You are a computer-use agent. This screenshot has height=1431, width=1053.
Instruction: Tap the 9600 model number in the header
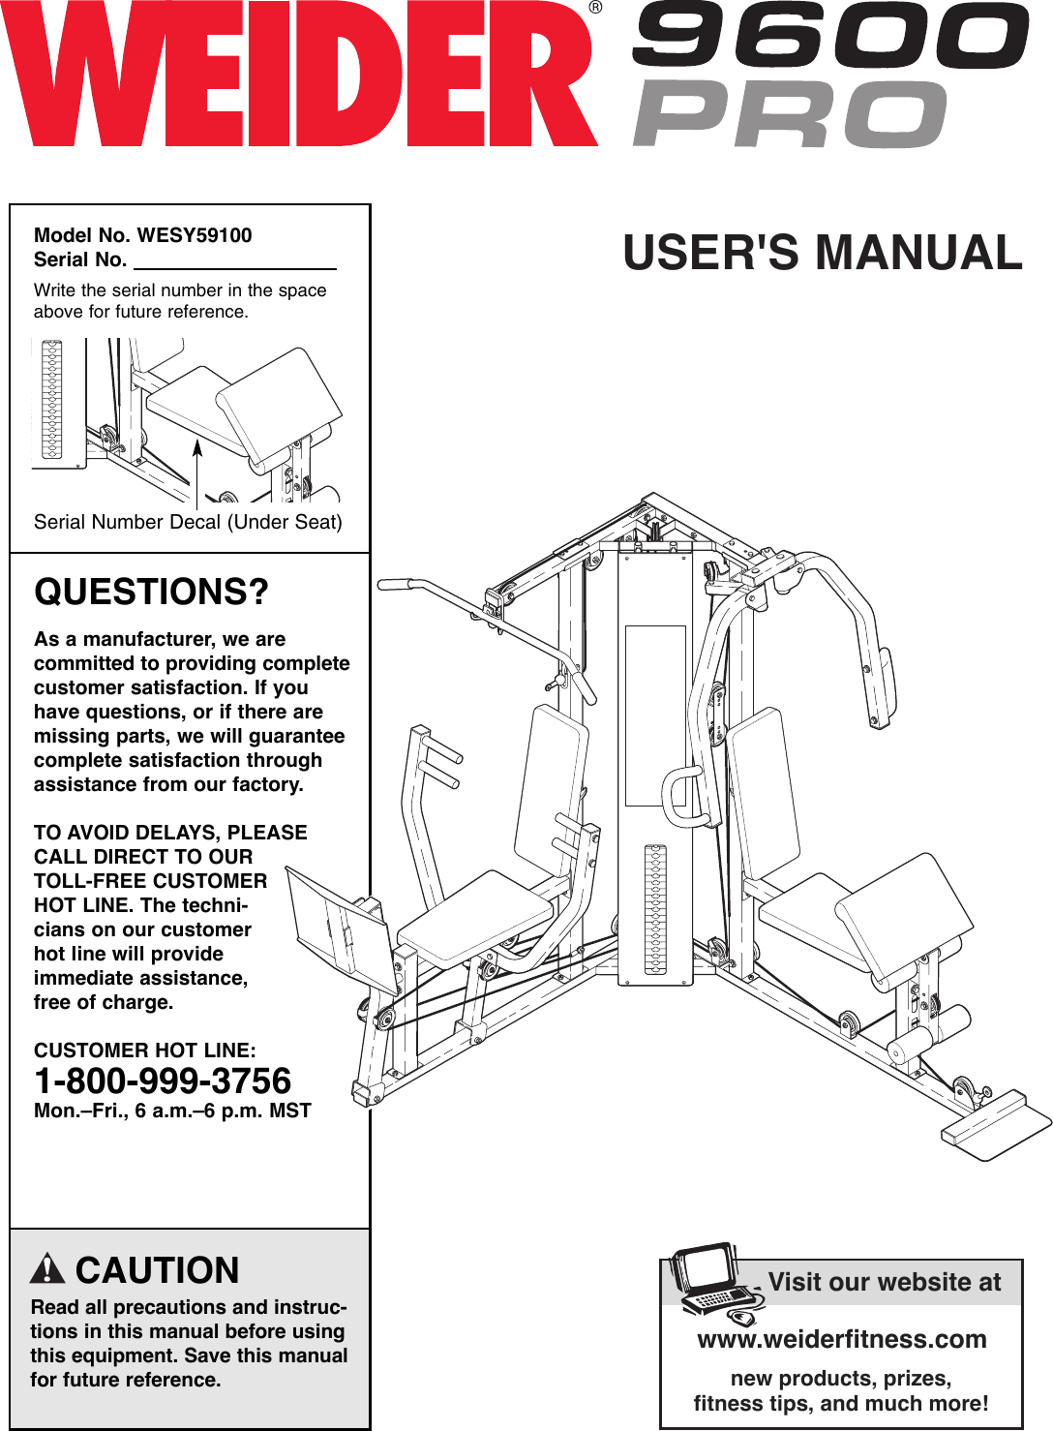[830, 36]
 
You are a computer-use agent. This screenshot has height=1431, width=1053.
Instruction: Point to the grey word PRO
[790, 114]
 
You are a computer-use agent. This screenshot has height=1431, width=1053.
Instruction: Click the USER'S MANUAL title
[822, 253]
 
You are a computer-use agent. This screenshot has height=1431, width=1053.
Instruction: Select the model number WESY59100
[194, 235]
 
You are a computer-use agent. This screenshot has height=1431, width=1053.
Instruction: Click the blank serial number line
[234, 261]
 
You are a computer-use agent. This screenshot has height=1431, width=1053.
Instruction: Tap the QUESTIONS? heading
[151, 592]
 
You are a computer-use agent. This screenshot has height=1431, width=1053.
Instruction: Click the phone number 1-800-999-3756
[163, 1081]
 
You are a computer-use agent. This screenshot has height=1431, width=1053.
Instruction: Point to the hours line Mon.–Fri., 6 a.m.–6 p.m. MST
[172, 1111]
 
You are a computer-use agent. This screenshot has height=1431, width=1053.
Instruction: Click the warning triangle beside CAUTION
[47, 1268]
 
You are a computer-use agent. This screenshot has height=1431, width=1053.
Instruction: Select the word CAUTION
[157, 1270]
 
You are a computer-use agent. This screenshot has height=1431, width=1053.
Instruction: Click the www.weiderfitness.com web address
[841, 1339]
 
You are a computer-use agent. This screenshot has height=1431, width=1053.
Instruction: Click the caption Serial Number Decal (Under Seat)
[188, 522]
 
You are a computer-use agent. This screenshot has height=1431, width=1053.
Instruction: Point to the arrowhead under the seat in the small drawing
[196, 447]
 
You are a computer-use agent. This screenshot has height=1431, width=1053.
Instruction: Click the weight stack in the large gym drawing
[655, 908]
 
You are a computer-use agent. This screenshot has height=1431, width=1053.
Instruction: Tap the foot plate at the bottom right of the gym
[995, 1125]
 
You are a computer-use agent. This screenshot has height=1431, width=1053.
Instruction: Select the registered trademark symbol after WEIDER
[595, 8]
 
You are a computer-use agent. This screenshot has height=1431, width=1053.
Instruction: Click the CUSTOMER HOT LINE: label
[145, 1050]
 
